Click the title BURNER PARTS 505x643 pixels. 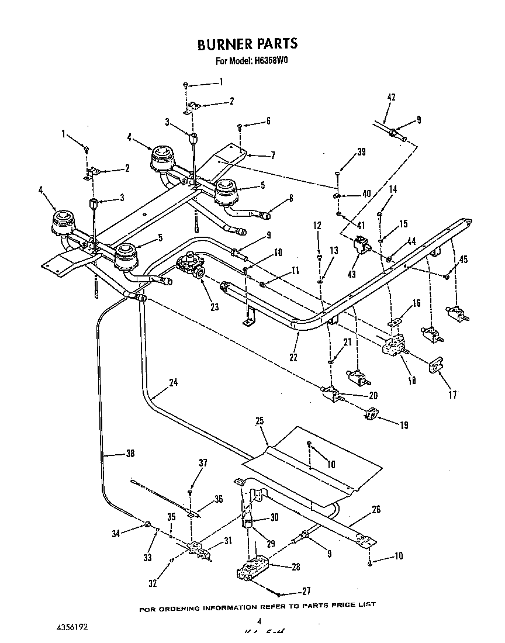(x=247, y=44)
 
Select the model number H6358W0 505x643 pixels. (x=273, y=61)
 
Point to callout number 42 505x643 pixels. (x=392, y=98)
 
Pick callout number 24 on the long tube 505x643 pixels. (x=174, y=383)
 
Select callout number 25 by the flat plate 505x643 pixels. (x=260, y=420)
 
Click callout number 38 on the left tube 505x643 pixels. (x=133, y=452)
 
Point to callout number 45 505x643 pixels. (x=464, y=260)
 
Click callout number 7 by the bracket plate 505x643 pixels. (x=272, y=155)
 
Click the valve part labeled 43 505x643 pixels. (x=362, y=245)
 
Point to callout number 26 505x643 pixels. (x=376, y=510)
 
